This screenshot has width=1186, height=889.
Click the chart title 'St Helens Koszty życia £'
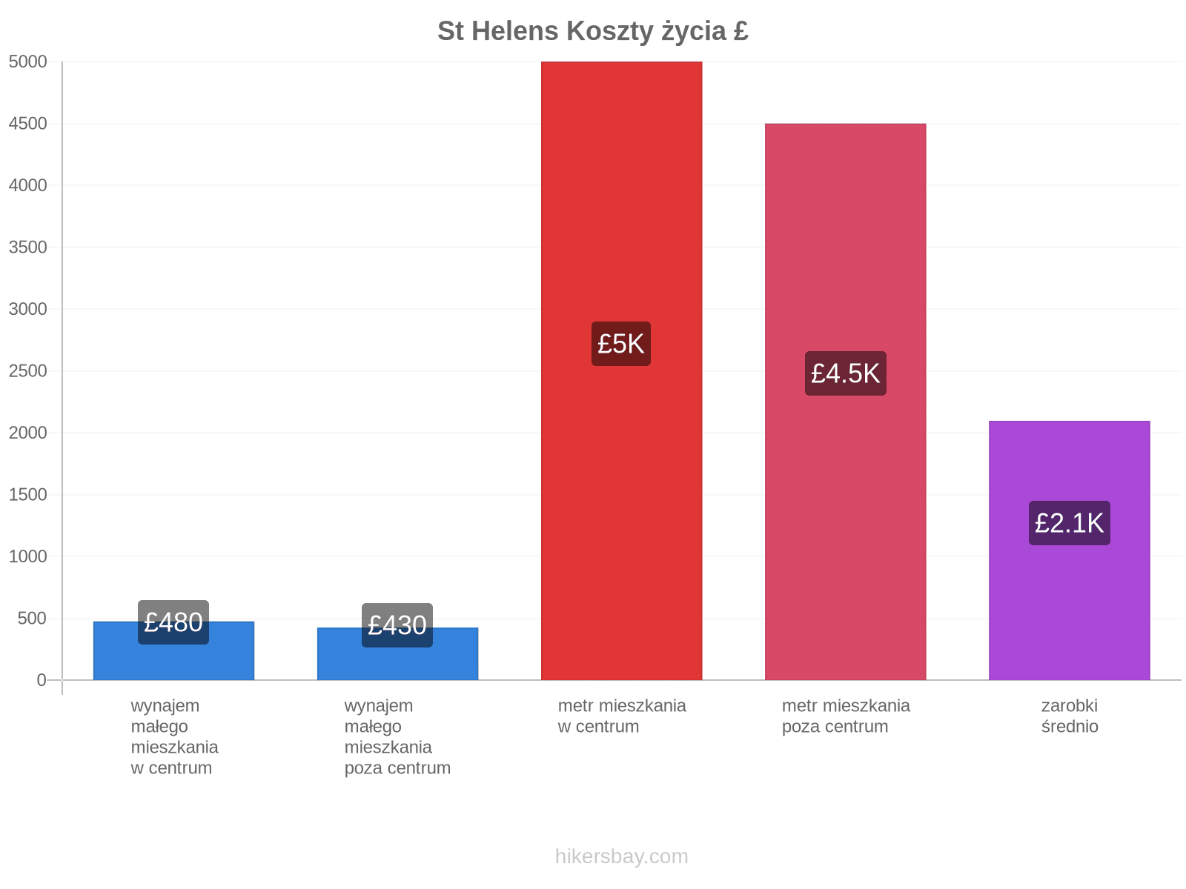[592, 31]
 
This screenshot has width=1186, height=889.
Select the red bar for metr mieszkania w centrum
[621, 370]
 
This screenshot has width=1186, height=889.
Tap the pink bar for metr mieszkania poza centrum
[845, 402]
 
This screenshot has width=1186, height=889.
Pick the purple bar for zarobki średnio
[1069, 550]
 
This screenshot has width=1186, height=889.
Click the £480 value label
[173, 622]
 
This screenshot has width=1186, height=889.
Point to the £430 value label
[397, 625]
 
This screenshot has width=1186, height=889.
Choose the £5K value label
[621, 344]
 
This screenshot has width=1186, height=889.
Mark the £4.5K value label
[845, 373]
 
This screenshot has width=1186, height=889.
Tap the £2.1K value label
[1069, 523]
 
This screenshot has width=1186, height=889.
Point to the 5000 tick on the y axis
[27, 61]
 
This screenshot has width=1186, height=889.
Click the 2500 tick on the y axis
[27, 371]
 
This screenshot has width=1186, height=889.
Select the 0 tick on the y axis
[41, 679]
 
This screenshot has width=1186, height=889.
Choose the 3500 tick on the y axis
[27, 247]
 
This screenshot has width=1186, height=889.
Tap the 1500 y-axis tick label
[27, 494]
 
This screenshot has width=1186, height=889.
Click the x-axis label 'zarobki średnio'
[1070, 716]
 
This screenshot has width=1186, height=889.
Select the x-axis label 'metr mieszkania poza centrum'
[846, 716]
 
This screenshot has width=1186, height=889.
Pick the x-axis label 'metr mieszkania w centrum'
[622, 716]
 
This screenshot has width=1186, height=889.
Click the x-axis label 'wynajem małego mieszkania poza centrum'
[397, 736]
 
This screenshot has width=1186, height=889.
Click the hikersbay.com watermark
[621, 856]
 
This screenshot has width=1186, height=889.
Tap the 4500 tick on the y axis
[27, 124]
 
